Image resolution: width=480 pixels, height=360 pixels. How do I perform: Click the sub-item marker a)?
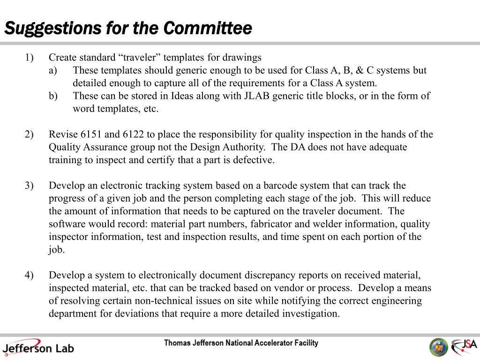pyautogui.click(x=53, y=70)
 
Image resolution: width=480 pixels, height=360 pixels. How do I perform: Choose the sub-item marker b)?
pyautogui.click(x=53, y=96)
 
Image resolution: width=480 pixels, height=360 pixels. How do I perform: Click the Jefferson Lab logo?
pyautogui.click(x=37, y=347)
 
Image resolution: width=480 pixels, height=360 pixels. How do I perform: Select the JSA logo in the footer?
pyautogui.click(x=464, y=347)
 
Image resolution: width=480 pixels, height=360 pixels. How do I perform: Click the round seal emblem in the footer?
pyautogui.click(x=439, y=347)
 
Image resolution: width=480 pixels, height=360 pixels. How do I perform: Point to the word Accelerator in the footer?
pyautogui.click(x=274, y=343)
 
